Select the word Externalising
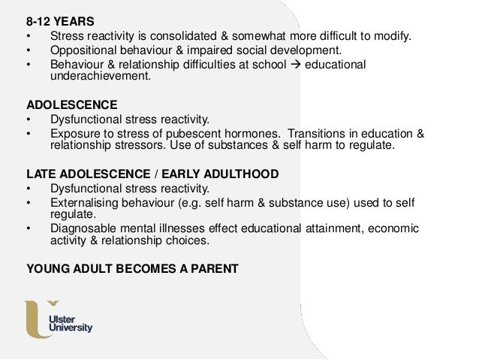[x=85, y=203]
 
